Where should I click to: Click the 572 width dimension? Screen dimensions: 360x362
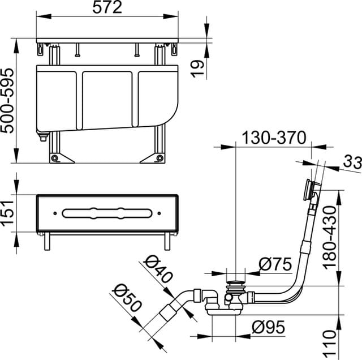click(107, 8)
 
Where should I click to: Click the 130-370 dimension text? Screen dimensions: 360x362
click(274, 138)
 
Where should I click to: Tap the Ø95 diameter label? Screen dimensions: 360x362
click(268, 327)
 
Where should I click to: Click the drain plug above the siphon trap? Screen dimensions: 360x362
click(235, 280)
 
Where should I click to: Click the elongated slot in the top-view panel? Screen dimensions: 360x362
click(107, 213)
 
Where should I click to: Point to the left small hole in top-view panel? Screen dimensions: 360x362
click(54, 213)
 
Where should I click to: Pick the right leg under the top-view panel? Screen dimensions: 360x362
click(167, 242)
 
